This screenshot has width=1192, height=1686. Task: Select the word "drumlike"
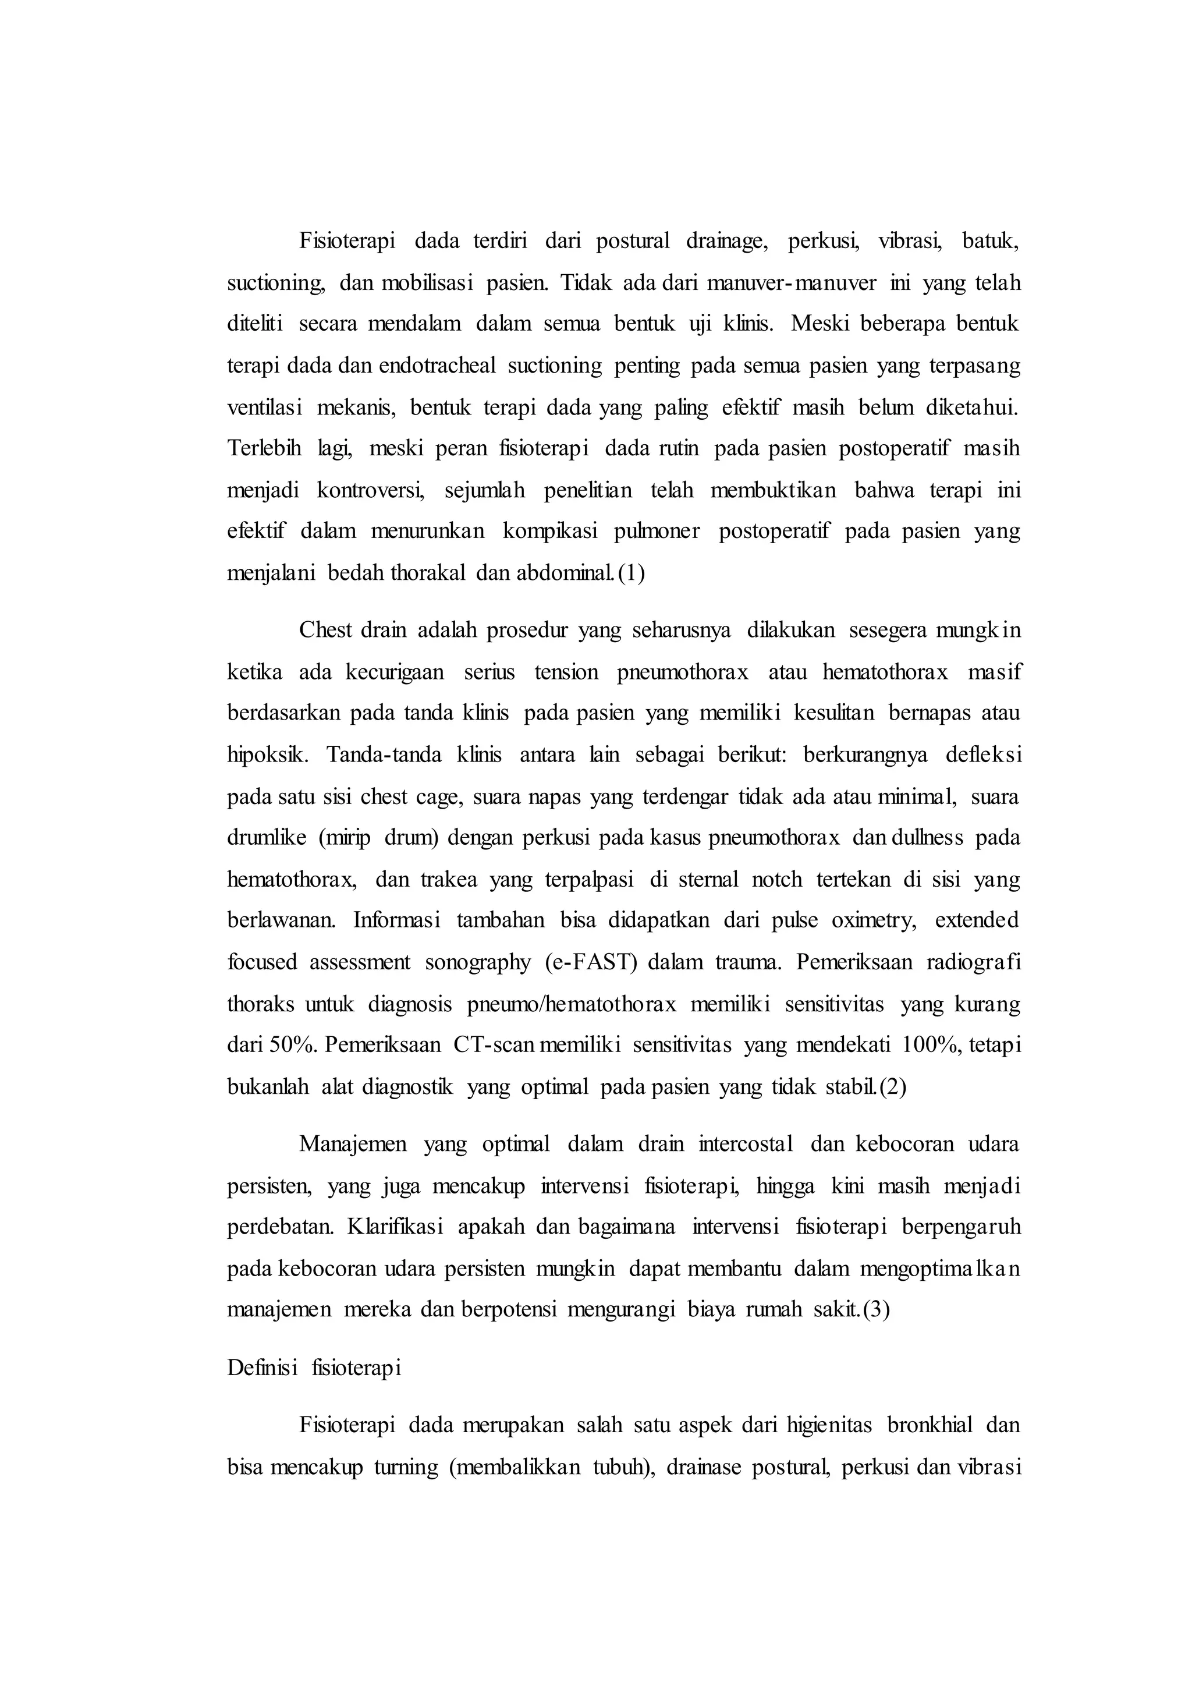(x=267, y=838)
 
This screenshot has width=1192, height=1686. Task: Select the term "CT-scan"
(x=495, y=1046)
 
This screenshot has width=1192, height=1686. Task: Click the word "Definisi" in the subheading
(x=262, y=1368)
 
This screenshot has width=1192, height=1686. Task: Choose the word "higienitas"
(x=829, y=1425)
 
